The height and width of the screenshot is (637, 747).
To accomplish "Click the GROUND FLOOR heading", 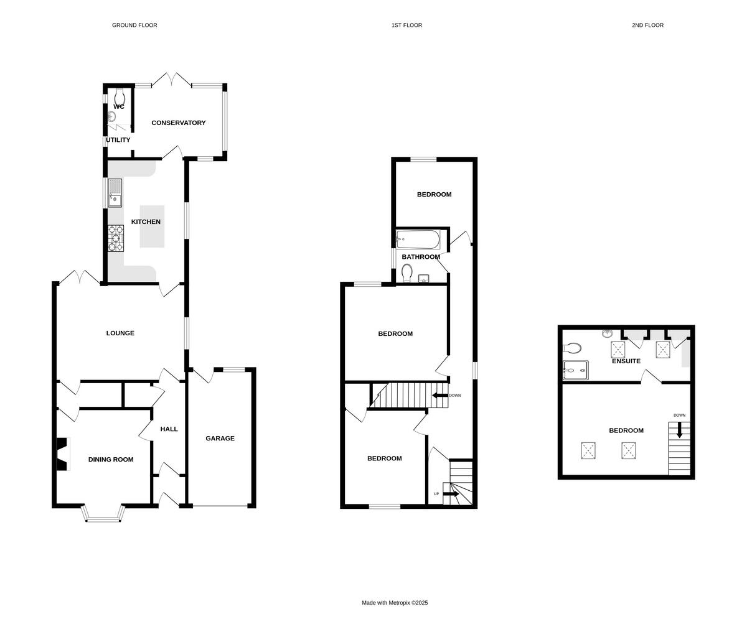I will click(134, 26).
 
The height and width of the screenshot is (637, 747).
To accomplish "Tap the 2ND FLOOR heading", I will click(647, 26).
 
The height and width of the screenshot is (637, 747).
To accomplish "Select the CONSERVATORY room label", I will click(179, 123).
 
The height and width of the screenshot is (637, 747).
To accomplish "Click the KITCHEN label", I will click(146, 222).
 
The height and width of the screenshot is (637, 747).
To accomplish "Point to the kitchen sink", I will click(115, 193).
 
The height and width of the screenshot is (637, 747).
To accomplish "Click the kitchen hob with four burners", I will click(115, 238).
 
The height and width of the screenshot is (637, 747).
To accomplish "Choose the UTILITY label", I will click(118, 140).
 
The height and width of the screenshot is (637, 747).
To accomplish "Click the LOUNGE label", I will click(120, 333).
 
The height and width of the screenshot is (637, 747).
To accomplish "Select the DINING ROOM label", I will click(111, 460).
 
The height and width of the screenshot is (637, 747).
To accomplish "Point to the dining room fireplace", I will click(61, 455).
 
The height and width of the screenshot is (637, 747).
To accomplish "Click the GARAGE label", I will click(220, 439).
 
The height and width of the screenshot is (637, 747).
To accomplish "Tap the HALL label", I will click(169, 429).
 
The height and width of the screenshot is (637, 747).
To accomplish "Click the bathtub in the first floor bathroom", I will click(418, 239).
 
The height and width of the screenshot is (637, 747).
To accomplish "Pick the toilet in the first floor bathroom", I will click(407, 272).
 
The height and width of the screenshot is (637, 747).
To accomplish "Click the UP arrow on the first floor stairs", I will click(451, 494).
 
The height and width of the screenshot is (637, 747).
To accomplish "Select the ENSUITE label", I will click(626, 361).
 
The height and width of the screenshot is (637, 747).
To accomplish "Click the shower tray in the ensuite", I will click(575, 370).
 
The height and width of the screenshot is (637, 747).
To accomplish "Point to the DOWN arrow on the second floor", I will click(680, 429).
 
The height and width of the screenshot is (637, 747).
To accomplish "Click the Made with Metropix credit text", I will click(395, 603).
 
